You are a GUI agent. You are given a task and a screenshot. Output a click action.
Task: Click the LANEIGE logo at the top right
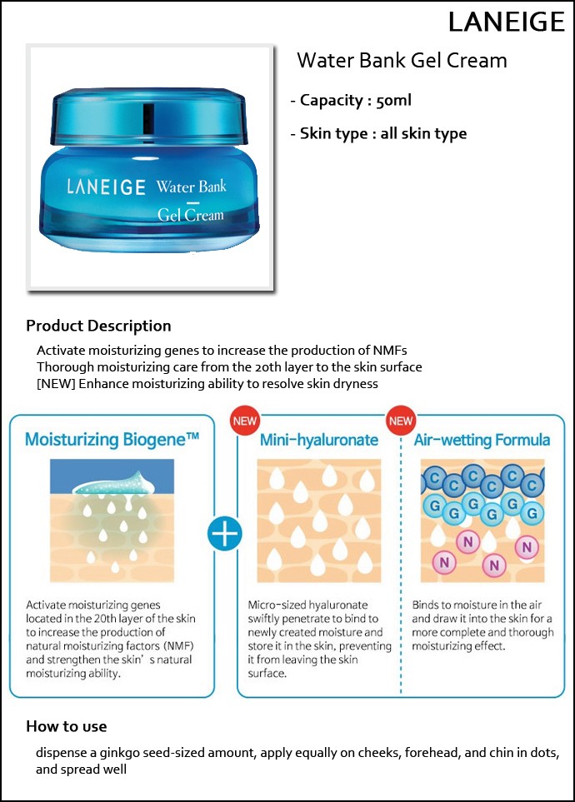click(x=507, y=22)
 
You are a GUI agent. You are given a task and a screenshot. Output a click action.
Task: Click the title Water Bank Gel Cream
click(x=402, y=60)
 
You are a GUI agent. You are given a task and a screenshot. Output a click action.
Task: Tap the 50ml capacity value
click(x=393, y=100)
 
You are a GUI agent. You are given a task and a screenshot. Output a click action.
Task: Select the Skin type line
click(x=378, y=133)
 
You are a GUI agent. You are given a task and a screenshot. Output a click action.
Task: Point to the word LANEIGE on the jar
click(x=106, y=187)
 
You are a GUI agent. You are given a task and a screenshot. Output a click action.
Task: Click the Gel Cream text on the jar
click(x=191, y=214)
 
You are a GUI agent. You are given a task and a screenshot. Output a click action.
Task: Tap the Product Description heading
click(x=98, y=326)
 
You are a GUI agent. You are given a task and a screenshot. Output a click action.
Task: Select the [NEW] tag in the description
click(x=57, y=384)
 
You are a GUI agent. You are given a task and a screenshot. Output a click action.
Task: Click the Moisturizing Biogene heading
click(x=112, y=440)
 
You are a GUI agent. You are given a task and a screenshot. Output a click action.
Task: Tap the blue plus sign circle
click(x=225, y=534)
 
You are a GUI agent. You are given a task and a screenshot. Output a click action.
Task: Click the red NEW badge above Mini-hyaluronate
click(x=245, y=421)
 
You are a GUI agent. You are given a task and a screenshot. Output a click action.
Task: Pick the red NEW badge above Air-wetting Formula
click(x=400, y=421)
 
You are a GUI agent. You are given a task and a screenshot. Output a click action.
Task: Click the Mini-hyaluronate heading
click(x=319, y=440)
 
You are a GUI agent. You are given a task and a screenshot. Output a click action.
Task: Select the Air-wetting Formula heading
click(x=482, y=440)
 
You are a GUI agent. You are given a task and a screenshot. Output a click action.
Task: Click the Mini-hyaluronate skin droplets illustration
click(x=319, y=521)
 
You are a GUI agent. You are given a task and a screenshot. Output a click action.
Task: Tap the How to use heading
click(x=67, y=726)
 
